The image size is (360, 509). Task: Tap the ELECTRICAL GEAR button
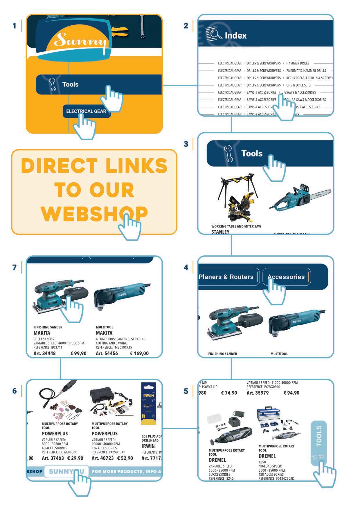click(x=86, y=111)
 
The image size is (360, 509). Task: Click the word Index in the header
click(x=235, y=36)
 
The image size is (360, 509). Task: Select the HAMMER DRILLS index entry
click(x=298, y=63)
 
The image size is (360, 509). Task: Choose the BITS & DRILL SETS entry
click(x=298, y=85)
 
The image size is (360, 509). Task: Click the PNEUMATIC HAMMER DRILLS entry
click(x=306, y=71)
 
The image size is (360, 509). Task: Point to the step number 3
click(x=186, y=144)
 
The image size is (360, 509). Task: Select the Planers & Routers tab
click(x=226, y=277)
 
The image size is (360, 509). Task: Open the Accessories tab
click(x=286, y=277)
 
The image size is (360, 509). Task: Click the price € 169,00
click(x=139, y=353)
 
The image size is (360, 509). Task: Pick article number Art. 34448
click(x=44, y=353)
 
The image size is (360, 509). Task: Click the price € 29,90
click(x=75, y=458)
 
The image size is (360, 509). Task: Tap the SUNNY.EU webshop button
click(x=66, y=472)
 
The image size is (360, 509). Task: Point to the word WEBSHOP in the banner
click(x=94, y=214)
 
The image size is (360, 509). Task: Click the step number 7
click(x=15, y=267)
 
